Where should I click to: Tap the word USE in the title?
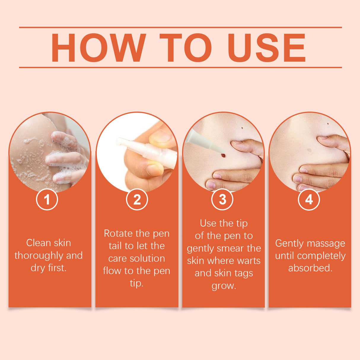click(x=266, y=48)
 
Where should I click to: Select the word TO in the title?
click(x=186, y=48)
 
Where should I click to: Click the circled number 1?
click(x=47, y=200)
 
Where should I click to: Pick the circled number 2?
click(x=137, y=200)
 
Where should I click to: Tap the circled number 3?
click(x=222, y=200)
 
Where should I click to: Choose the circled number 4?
click(x=309, y=200)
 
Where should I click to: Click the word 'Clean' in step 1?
click(x=38, y=243)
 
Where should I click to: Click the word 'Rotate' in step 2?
click(x=117, y=234)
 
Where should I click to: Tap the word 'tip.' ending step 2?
click(x=136, y=283)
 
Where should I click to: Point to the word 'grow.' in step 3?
click(x=224, y=286)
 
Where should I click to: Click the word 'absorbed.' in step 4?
click(x=310, y=268)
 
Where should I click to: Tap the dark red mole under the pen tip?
click(x=223, y=155)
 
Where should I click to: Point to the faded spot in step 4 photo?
click(x=309, y=150)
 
